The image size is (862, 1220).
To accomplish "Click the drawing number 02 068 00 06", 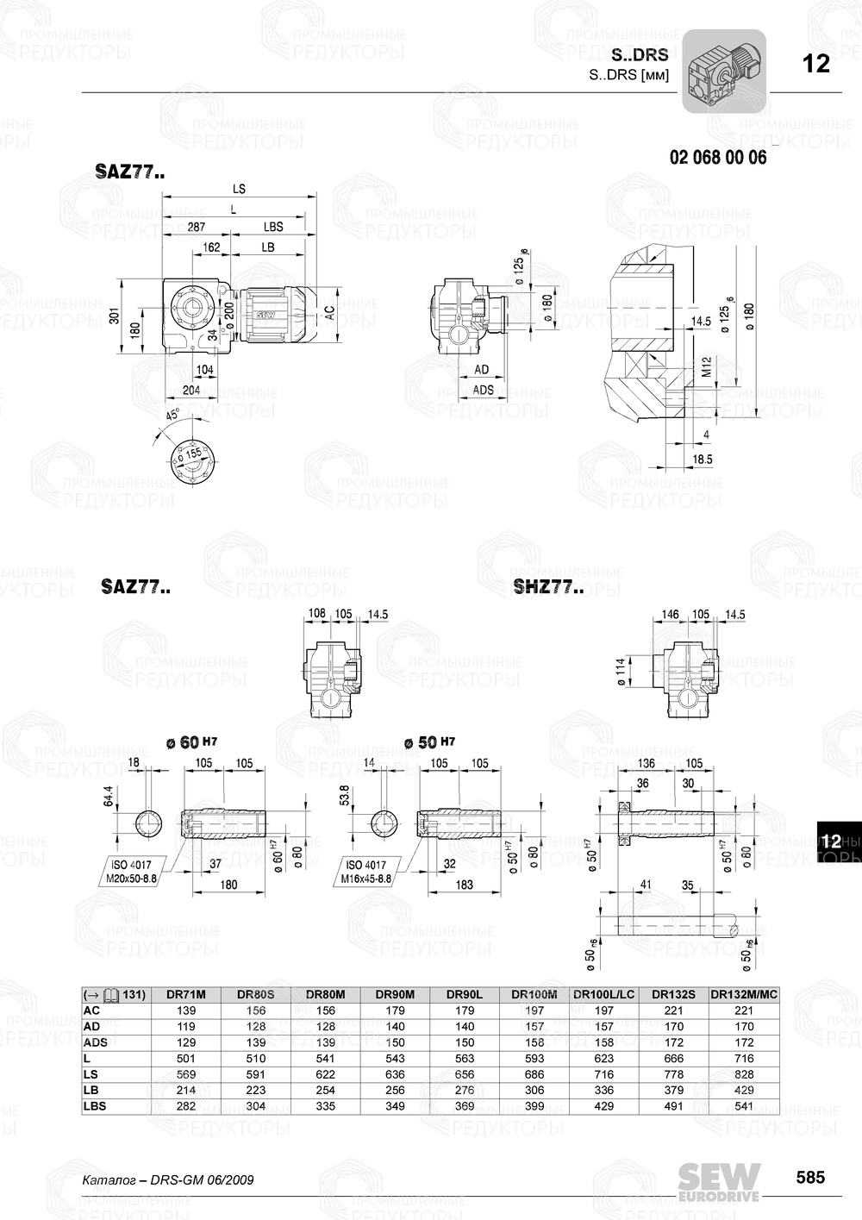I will point(717,158).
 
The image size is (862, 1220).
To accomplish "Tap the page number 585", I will point(809,1178).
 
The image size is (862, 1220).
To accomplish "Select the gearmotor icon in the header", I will point(724,72).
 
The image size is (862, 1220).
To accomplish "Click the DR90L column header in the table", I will point(465,994).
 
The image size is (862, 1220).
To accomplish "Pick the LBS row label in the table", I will point(95,1106).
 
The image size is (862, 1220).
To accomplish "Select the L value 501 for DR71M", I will point(185,1058).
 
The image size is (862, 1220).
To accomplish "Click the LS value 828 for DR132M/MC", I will point(743,1074).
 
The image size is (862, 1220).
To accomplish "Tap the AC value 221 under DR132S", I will point(673,1010).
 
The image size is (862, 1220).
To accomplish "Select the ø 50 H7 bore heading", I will point(428,742).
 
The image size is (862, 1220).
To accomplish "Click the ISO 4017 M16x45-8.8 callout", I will point(368,872).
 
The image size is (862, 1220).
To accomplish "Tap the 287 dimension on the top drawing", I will point(197,227).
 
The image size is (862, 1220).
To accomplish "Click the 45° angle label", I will point(172,416).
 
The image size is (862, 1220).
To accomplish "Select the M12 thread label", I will point(706,368).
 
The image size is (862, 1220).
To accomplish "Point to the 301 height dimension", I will point(116,316).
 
